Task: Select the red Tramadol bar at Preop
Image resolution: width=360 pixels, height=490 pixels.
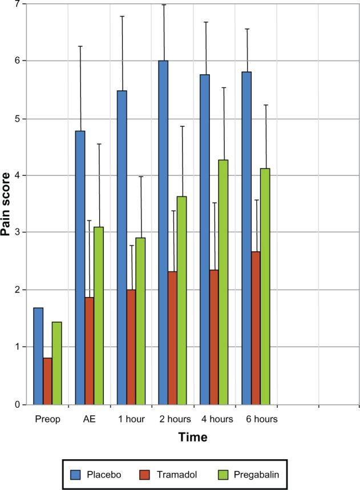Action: pyautogui.click(x=47, y=381)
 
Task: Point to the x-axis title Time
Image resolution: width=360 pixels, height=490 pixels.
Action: pyautogui.click(x=192, y=437)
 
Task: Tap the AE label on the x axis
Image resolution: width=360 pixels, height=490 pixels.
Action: pyautogui.click(x=89, y=419)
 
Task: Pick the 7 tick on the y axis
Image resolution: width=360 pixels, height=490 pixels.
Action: pyautogui.click(x=17, y=5)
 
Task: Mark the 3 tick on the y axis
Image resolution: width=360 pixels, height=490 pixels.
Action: pyautogui.click(x=17, y=232)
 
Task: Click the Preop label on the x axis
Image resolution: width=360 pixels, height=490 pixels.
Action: pyautogui.click(x=47, y=419)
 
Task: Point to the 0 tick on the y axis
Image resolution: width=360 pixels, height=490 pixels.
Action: pyautogui.click(x=17, y=405)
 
